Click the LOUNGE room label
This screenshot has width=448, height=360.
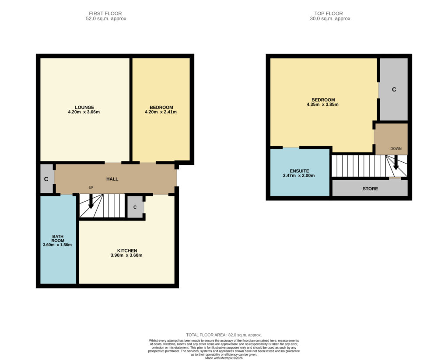pyautogui.click(x=84, y=108)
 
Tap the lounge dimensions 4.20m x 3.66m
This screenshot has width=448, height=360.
pyautogui.click(x=84, y=112)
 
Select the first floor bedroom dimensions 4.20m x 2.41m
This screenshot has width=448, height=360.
pyautogui.click(x=161, y=112)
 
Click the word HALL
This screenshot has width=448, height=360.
pyautogui.click(x=112, y=179)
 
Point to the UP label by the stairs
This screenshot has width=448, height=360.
pyautogui.click(x=91, y=188)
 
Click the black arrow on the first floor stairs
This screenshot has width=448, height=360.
pyautogui.click(x=91, y=201)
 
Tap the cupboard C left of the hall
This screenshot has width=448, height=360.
pyautogui.click(x=46, y=179)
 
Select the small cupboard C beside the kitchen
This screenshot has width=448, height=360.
pyautogui.click(x=135, y=207)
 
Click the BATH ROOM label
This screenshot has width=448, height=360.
pyautogui.click(x=58, y=238)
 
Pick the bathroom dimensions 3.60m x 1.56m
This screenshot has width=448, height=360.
pyautogui.click(x=57, y=245)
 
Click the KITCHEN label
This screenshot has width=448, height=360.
pyautogui.click(x=127, y=251)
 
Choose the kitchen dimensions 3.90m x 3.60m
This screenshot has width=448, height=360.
pyautogui.click(x=126, y=255)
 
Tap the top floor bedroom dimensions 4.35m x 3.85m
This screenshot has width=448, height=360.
pyautogui.click(x=322, y=105)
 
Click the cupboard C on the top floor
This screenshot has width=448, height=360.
pyautogui.click(x=394, y=89)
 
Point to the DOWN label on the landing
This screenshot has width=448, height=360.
pyautogui.click(x=396, y=149)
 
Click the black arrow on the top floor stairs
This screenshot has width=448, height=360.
pyautogui.click(x=396, y=162)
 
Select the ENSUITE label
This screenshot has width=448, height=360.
pyautogui.click(x=299, y=171)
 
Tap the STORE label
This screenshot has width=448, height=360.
pyautogui.click(x=370, y=189)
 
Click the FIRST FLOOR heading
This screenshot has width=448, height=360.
pyautogui.click(x=105, y=14)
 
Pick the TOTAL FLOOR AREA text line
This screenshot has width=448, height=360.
pyautogui.click(x=224, y=335)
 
